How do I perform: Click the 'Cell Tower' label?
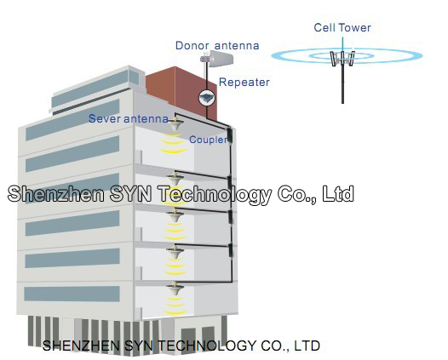click(342, 28)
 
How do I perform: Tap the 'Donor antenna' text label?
click(217, 45)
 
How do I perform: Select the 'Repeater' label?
click(244, 83)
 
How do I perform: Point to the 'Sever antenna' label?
click(129, 119)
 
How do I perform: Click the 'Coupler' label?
click(209, 140)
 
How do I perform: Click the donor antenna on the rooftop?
click(217, 58)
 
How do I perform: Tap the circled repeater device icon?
click(207, 98)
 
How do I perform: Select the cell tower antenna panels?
click(342, 59)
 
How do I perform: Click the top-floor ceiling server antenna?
click(175, 124)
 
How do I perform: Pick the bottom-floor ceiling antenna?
click(175, 289)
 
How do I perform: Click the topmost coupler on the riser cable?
click(229, 134)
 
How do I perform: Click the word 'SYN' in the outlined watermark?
click(130, 193)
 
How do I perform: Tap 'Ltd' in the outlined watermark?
click(338, 194)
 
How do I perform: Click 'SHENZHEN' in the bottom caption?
click(82, 346)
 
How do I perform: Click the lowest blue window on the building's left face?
click(72, 294)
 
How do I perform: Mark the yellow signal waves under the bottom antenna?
click(175, 306)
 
